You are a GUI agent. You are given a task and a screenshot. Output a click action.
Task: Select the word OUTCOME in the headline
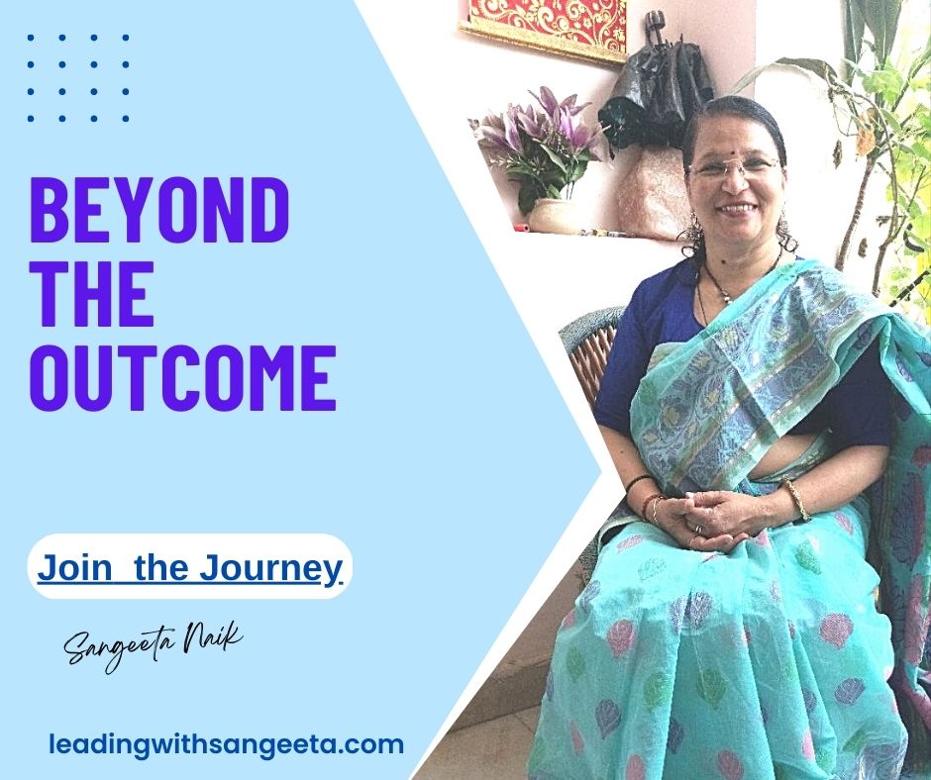pos(183,377)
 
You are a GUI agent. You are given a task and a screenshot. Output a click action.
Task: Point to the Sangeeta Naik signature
pos(154,647)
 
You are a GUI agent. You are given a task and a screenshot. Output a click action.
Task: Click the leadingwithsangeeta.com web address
pos(226,743)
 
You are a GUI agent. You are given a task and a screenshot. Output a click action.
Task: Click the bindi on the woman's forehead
pos(729,144)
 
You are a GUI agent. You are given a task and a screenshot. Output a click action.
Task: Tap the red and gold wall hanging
pos(544,26)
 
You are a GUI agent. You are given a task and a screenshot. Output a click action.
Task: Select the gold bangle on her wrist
pos(796,500)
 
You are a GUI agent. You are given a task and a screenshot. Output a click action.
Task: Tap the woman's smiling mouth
pos(739,210)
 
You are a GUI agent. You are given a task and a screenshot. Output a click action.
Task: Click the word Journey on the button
pos(270,569)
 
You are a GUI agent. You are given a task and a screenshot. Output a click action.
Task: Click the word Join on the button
pos(74,567)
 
